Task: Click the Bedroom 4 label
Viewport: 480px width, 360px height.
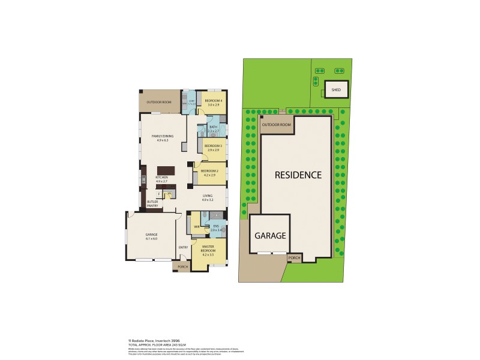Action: (213, 100)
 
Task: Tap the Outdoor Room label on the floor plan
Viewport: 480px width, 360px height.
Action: (159, 102)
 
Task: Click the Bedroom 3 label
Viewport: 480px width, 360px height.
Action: (213, 146)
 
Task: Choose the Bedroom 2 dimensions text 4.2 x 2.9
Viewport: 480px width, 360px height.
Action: (208, 175)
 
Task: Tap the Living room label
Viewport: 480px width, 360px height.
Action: (208, 196)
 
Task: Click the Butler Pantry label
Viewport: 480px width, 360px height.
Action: (152, 203)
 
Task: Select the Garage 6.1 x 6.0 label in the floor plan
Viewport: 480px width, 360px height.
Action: (151, 236)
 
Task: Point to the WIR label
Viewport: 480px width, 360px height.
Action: (196, 227)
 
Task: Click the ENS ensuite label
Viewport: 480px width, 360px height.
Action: (216, 227)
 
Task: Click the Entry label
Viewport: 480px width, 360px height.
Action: (183, 247)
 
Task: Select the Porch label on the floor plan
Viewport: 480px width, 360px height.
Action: (182, 267)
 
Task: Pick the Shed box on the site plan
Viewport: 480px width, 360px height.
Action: (335, 91)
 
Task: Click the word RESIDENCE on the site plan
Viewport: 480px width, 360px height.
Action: (298, 175)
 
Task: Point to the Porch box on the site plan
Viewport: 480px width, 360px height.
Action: (294, 257)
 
